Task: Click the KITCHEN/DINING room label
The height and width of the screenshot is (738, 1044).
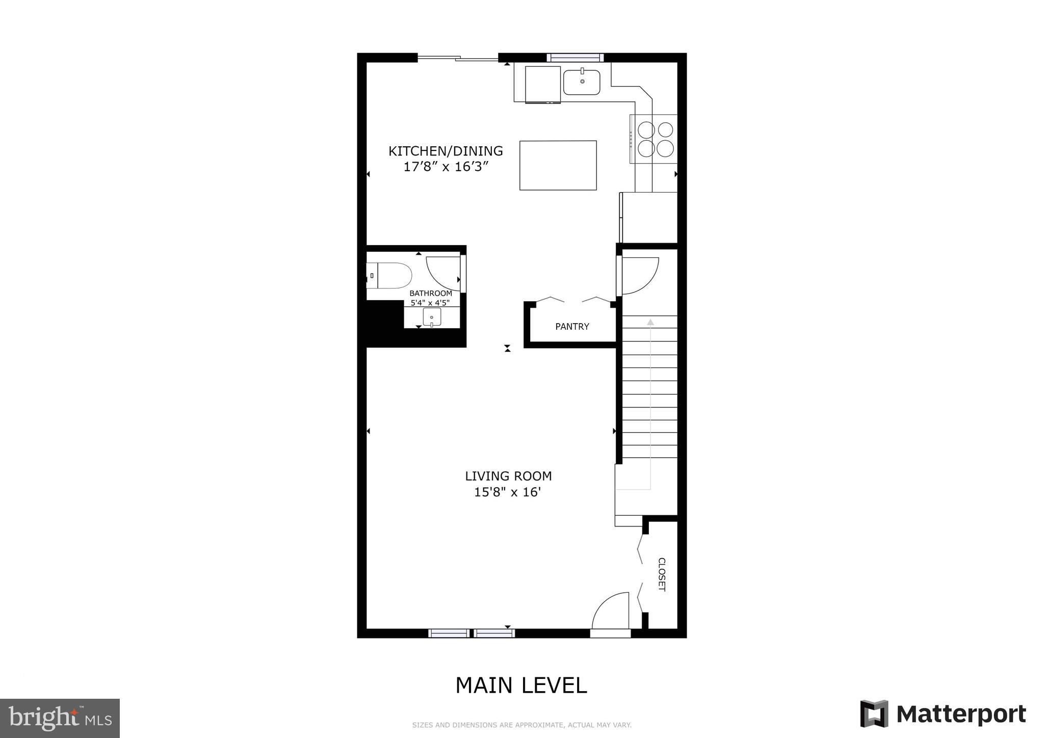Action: pyautogui.click(x=446, y=151)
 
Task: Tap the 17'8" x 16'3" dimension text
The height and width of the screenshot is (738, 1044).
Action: pyautogui.click(x=446, y=167)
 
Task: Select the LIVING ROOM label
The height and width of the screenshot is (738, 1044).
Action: pyautogui.click(x=508, y=476)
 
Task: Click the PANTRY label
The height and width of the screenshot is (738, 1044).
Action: pyautogui.click(x=572, y=327)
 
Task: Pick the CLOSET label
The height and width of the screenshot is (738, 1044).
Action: pyautogui.click(x=662, y=574)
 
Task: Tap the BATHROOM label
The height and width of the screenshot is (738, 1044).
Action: pyautogui.click(x=431, y=294)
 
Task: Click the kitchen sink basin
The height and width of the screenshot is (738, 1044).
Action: pyautogui.click(x=582, y=82)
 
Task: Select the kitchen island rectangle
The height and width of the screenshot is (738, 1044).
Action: pyautogui.click(x=558, y=165)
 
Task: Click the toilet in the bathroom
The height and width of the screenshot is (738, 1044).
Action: pyautogui.click(x=390, y=276)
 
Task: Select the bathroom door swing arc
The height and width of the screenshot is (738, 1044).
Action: pyautogui.click(x=441, y=272)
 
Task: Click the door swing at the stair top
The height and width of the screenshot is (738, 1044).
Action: pyautogui.click(x=639, y=275)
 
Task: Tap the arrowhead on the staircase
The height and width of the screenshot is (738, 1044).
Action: pyautogui.click(x=650, y=322)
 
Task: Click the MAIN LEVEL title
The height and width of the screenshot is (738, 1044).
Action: pyautogui.click(x=521, y=686)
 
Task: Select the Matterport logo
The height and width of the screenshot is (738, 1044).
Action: pyautogui.click(x=943, y=714)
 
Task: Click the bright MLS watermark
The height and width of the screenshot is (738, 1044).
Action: pyautogui.click(x=60, y=718)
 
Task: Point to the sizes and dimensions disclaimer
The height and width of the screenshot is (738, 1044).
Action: pyautogui.click(x=521, y=725)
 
